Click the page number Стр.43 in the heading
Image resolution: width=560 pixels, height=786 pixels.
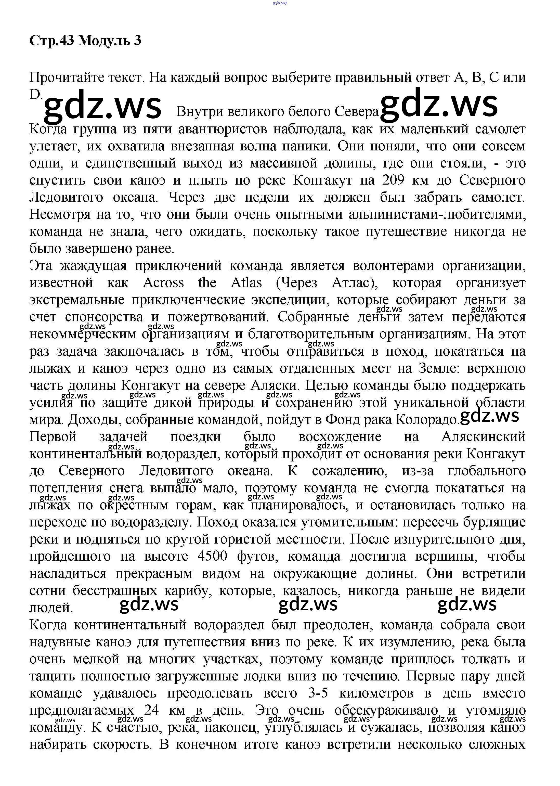click(52, 41)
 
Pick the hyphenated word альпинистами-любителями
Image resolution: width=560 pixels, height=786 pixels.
click(437, 214)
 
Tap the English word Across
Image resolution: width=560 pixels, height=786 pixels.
click(163, 283)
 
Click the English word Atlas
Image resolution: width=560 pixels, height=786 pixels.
click(246, 283)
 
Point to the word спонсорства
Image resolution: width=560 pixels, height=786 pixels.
click(104, 317)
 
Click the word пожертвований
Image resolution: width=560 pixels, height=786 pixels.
click(218, 317)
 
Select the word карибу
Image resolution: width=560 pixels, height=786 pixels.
click(186, 590)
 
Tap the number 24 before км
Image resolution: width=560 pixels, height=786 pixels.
click(151, 711)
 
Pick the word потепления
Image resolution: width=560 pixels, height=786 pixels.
click(66, 488)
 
